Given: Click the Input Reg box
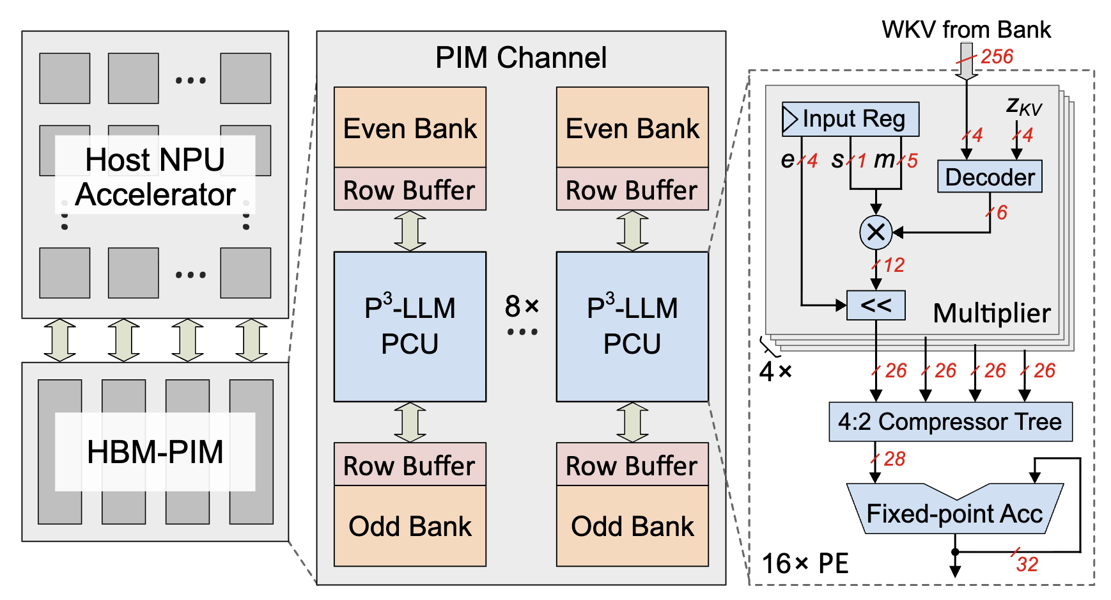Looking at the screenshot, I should click(x=850, y=119).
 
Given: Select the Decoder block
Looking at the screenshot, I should click(x=990, y=177).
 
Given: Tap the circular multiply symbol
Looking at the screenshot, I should click(x=876, y=232).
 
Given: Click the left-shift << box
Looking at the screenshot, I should click(x=876, y=305).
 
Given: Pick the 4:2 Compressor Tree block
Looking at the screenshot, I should click(x=950, y=422).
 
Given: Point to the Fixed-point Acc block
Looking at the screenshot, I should click(x=954, y=514).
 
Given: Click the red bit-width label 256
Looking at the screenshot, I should click(x=997, y=56).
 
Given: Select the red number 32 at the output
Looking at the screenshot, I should click(x=1027, y=564).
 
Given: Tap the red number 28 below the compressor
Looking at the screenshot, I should click(x=894, y=459).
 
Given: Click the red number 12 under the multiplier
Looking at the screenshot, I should click(x=894, y=265).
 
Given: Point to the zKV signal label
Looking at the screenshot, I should click(x=1024, y=106).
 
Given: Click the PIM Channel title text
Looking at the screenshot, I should click(x=521, y=58).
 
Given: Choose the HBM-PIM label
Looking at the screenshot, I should click(x=155, y=452).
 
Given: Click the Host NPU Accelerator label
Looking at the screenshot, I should click(x=155, y=177).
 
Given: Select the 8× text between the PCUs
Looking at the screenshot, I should click(x=522, y=306).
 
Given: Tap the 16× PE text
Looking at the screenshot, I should click(x=805, y=564).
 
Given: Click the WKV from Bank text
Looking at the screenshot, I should click(x=966, y=29).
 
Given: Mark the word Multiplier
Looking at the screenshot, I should click(x=991, y=313).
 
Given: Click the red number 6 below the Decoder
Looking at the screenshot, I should click(x=1002, y=212).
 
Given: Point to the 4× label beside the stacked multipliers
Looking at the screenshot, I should click(x=775, y=371).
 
